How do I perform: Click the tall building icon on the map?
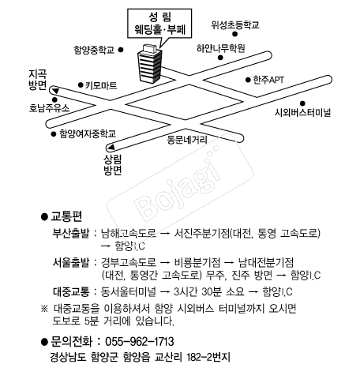click(x=149, y=64)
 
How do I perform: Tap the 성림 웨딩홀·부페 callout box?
click(x=159, y=24)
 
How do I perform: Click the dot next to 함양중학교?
click(x=121, y=50)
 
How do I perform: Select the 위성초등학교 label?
click(x=235, y=24)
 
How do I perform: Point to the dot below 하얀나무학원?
click(x=220, y=58)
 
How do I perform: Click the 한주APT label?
click(x=268, y=80)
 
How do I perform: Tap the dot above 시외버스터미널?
click(x=302, y=103)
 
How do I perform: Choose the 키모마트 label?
click(x=101, y=85)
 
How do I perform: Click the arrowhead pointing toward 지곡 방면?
click(x=55, y=91)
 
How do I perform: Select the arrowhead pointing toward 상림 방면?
click(x=111, y=147)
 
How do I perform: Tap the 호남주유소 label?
click(x=49, y=108)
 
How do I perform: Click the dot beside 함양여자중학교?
click(x=54, y=134)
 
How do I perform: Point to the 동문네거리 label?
click(x=187, y=140)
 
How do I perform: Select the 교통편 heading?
click(x=66, y=216)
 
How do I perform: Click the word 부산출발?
click(x=71, y=233)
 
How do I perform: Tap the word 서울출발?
click(x=71, y=262)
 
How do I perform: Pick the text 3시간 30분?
click(x=195, y=291)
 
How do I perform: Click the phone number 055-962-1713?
click(x=140, y=341)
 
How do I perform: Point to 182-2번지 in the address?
click(x=208, y=358)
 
